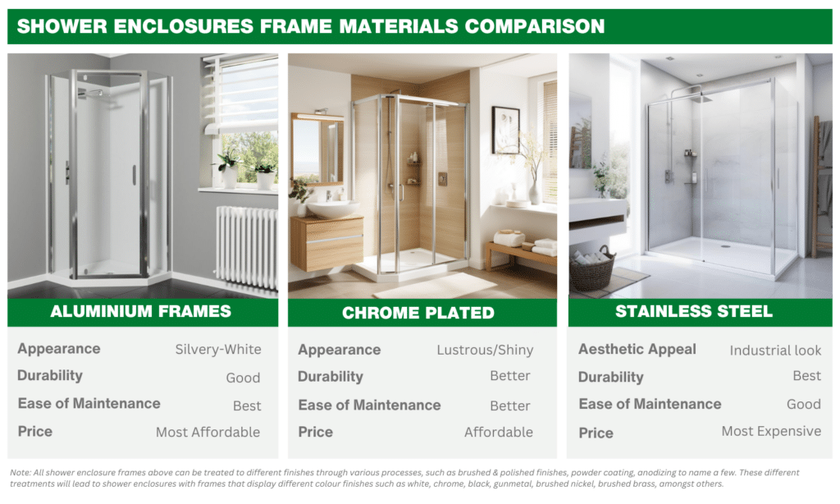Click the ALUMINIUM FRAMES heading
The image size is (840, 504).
point(140,312)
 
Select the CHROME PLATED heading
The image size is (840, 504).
point(418,313)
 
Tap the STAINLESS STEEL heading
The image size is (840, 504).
point(694,312)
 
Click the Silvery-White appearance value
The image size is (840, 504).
point(218,350)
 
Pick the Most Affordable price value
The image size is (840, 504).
point(208,432)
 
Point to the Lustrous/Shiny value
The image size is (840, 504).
point(485,351)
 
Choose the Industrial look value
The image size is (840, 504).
point(775,351)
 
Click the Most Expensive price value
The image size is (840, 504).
point(771,431)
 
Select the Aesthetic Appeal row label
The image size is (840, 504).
point(637,350)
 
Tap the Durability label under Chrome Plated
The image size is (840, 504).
point(331,377)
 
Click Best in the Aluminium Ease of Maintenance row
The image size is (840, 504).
point(247,405)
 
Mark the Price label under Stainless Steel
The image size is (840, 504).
point(596,433)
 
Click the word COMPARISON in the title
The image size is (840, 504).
point(535,26)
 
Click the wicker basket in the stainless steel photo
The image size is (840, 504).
point(592,269)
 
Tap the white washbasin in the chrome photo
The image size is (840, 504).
point(333,208)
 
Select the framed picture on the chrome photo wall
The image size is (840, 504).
point(505,131)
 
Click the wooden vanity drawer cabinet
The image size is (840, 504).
point(326,243)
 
